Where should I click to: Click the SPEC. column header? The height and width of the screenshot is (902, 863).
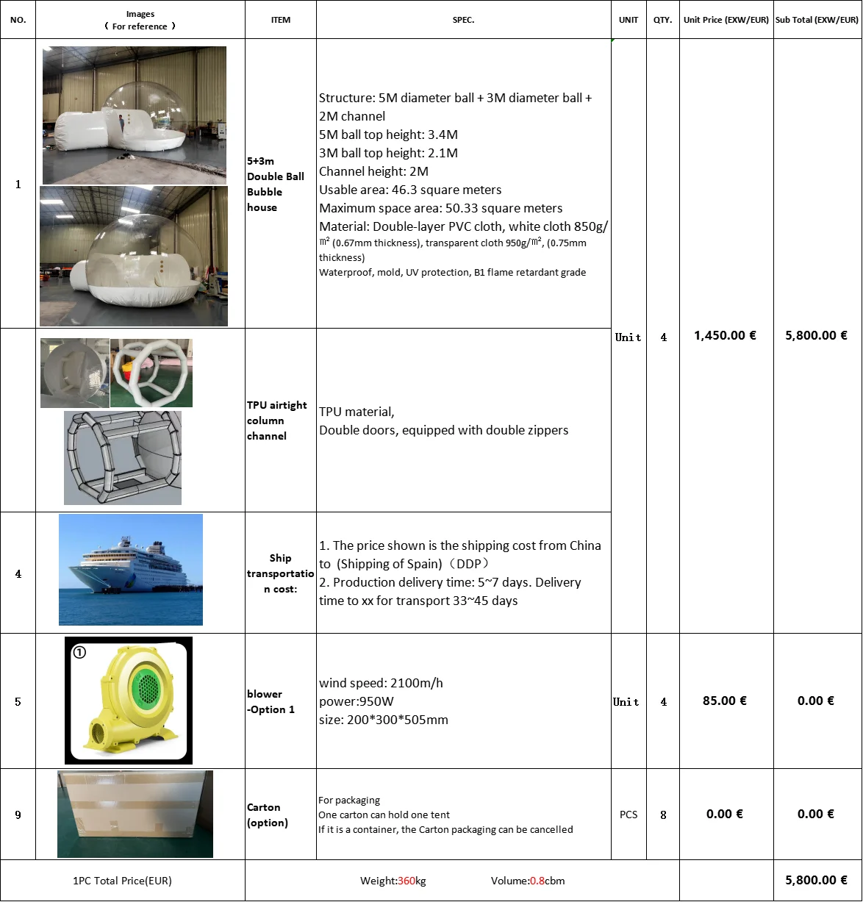point(463,20)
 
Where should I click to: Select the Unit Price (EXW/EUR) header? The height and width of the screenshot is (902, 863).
point(726,20)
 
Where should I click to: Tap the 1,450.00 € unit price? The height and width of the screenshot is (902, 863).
point(725,335)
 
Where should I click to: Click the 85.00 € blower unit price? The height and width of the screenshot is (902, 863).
point(724,701)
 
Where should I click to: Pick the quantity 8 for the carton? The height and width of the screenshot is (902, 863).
point(663,815)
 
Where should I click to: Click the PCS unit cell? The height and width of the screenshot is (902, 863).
point(629,815)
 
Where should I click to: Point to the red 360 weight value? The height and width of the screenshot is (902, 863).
point(407,881)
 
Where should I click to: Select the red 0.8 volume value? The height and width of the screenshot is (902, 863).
point(537,881)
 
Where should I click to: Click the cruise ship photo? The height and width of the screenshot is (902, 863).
point(131,570)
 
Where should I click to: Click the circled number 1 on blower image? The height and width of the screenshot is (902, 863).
point(79,652)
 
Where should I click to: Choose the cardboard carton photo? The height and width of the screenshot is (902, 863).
point(135,814)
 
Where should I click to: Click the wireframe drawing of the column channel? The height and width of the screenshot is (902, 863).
point(123,457)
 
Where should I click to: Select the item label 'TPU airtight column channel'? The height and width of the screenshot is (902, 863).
point(276,420)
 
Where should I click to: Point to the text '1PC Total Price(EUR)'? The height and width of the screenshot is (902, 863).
point(122,881)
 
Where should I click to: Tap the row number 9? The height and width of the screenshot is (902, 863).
point(18,815)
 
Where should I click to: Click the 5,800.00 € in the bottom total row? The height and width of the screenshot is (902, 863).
point(816,880)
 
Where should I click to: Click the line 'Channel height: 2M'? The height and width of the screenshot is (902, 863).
point(373,171)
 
